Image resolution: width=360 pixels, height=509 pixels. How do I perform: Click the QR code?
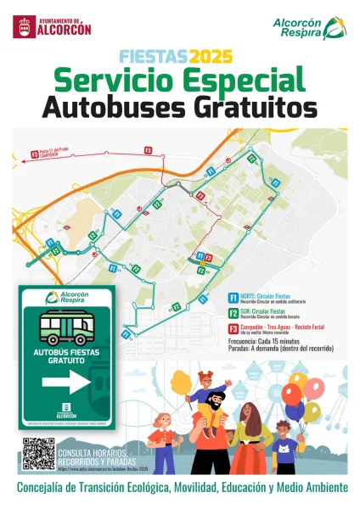pos(38,453)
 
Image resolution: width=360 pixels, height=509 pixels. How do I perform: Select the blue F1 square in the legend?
pos(233,298)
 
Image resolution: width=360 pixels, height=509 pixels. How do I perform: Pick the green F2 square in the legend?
pos(233,313)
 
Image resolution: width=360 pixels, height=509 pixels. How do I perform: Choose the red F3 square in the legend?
pos(233,328)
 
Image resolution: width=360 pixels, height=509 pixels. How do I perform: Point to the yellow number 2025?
pos(211,57)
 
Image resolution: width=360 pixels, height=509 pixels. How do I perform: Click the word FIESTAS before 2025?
pos(154,57)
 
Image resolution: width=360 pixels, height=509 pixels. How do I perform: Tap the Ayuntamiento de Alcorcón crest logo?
pos(24,26)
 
